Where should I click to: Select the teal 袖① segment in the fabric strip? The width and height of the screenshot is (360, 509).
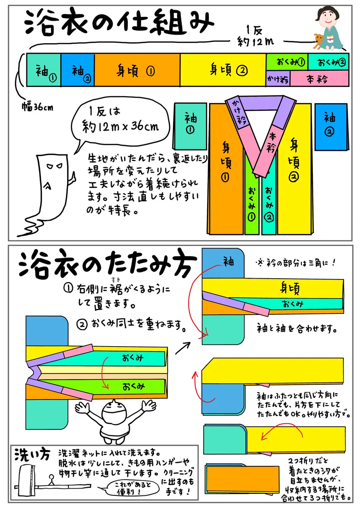point(43,70)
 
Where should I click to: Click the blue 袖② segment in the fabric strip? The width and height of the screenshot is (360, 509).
point(77,70)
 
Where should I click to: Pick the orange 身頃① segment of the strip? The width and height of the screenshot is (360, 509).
point(137,70)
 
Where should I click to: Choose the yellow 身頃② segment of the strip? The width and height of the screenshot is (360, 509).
point(223,70)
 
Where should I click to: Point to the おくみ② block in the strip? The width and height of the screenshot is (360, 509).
point(328,62)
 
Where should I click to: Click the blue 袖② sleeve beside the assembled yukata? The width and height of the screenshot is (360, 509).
point(332,126)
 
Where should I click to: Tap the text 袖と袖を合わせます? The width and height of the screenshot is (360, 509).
point(297,328)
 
